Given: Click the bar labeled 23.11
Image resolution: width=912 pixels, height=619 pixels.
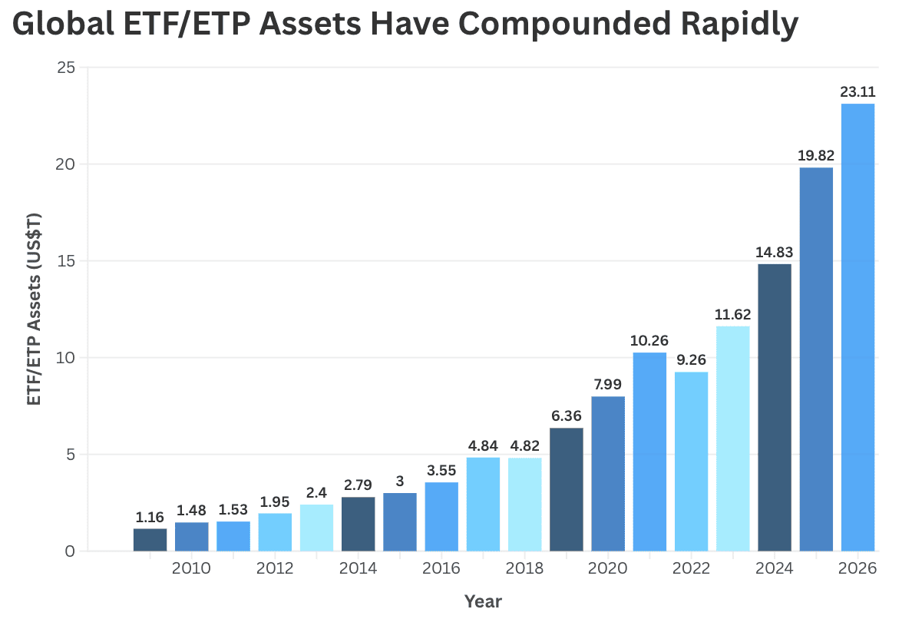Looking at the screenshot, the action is pos(858,327).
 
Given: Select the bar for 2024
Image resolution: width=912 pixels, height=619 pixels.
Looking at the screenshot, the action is pos(775,407).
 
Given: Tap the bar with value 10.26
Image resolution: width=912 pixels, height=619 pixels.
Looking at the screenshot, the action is pos(649,452).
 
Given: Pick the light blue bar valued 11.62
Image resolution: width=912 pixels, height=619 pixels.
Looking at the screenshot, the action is pos(733,439).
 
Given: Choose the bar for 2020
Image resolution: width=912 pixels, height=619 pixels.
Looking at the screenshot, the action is pos(608,474).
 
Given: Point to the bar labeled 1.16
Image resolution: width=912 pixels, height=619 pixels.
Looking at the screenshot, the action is pos(150,540).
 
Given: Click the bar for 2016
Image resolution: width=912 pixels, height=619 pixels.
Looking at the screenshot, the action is pos(441,517).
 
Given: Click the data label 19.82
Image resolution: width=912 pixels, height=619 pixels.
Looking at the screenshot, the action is pos(816,155).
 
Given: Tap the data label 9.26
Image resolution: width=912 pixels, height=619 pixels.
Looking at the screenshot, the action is pos(691,359).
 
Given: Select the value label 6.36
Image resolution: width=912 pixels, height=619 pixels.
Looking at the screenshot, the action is pos(567,416).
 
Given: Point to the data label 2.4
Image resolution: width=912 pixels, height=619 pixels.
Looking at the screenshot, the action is pos(316,493).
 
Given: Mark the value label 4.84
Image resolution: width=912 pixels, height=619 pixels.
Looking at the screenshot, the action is pos(483,445).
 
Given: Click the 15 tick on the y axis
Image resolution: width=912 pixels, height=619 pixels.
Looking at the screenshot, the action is pos(66,260).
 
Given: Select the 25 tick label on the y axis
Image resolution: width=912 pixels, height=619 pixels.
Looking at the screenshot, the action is pos(66,68).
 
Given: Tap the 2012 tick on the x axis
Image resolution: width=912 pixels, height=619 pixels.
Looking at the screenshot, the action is pos(275,568).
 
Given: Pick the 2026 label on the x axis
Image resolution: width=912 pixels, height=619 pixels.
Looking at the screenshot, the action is pos(857,568).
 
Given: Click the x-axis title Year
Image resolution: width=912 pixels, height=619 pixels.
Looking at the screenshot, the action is pos(483,601).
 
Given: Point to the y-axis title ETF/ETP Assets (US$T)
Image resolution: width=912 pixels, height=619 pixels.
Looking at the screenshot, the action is pos(35,309).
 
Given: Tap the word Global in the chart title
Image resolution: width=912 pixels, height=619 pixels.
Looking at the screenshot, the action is pos(63,25).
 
